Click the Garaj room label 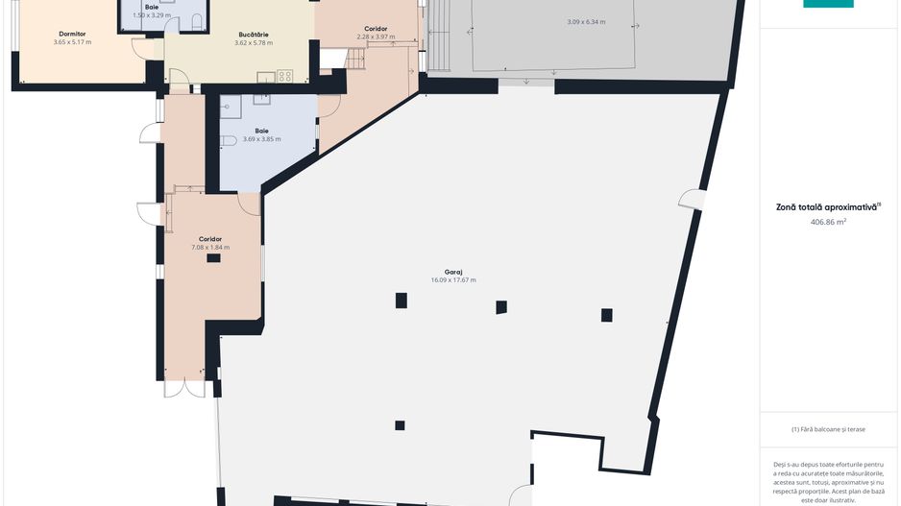pos(453,273)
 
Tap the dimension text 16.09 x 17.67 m pos(453,280)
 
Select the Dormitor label pos(72,34)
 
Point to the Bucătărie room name pos(254,35)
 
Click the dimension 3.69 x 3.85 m pos(261,139)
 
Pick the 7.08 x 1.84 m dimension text pos(210,248)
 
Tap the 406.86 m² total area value pos(828,222)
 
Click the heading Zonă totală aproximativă pos(826,207)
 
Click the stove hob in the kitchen pos(285,76)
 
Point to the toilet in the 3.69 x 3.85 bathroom pos(228,140)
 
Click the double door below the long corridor pos(184,389)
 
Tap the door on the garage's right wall pos(692,200)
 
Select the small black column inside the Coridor pos(214,258)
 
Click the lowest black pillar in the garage pos(400,425)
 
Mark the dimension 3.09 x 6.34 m pos(586,22)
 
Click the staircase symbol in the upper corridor pos(356,59)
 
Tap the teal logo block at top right pos(828,4)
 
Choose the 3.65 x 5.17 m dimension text pos(72,42)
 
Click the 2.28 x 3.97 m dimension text pos(376,36)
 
